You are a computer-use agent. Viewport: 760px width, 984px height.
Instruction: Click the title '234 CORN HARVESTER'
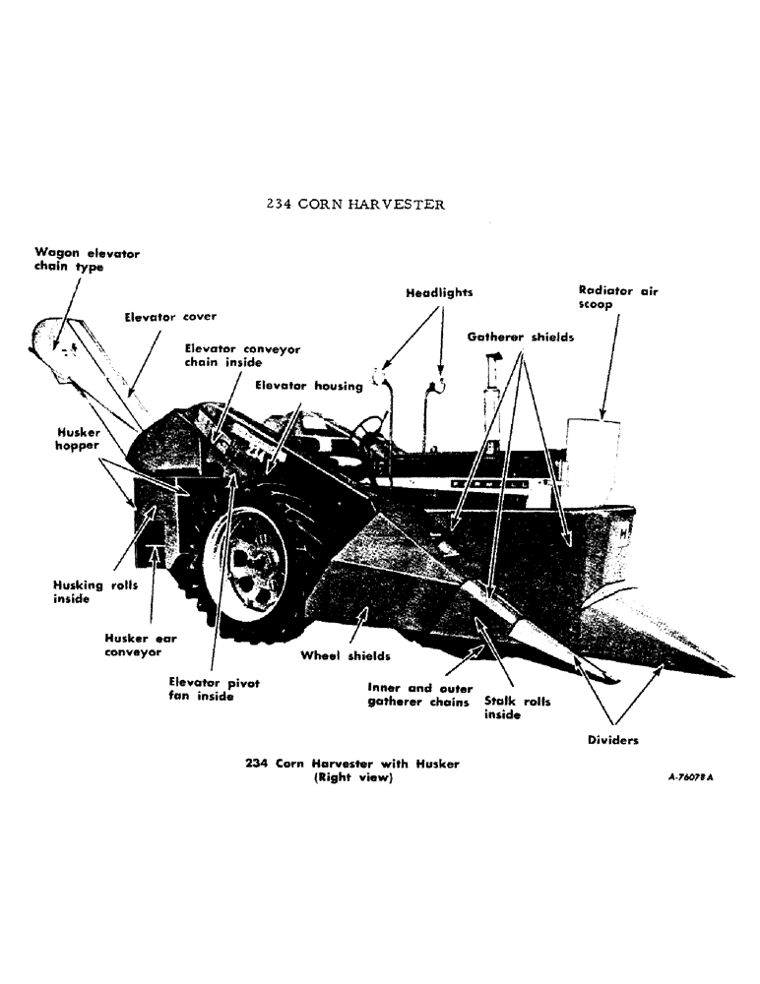tap(355, 205)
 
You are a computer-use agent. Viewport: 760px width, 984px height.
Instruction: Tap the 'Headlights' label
tap(438, 292)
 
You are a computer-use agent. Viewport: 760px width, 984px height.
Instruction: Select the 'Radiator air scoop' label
tap(618, 297)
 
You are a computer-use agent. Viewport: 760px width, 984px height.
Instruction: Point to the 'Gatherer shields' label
tap(522, 337)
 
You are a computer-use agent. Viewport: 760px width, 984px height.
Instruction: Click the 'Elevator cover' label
tap(169, 317)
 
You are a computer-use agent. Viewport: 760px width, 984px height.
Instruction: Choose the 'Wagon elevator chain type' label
tap(87, 260)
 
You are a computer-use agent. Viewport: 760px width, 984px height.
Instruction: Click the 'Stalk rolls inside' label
tap(517, 708)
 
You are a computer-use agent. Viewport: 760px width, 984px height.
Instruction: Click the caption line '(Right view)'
tap(351, 778)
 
